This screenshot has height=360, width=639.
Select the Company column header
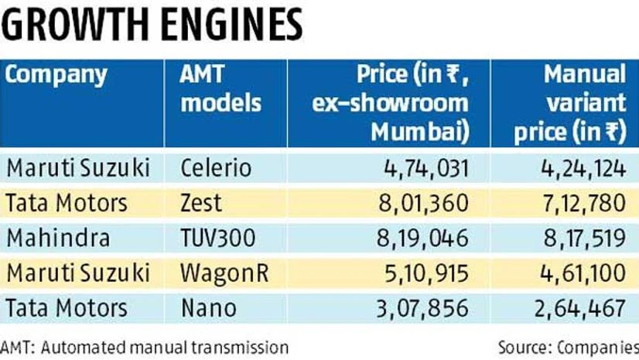(x=56, y=77)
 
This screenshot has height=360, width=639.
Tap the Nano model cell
(x=203, y=309)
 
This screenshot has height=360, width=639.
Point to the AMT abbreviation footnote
(x=145, y=346)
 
